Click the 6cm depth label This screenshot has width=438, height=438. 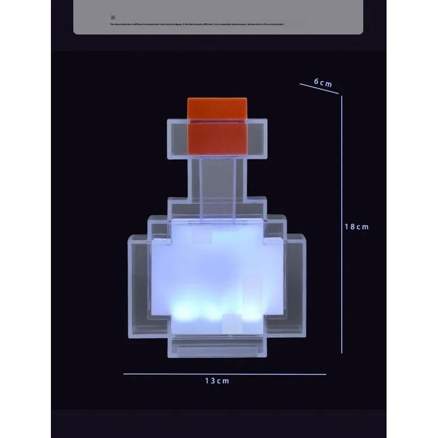(323, 83)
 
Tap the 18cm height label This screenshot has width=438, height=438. (356, 226)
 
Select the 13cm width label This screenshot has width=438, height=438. (217, 381)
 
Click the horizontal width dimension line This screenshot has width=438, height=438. (164, 374)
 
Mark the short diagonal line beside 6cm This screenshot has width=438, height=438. (319, 89)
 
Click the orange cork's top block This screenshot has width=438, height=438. (217, 108)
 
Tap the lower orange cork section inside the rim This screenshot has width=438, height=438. (217, 138)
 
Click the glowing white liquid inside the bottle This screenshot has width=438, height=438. (216, 274)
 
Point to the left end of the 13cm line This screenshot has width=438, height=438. (124, 374)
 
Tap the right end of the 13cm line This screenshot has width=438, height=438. (326, 374)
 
